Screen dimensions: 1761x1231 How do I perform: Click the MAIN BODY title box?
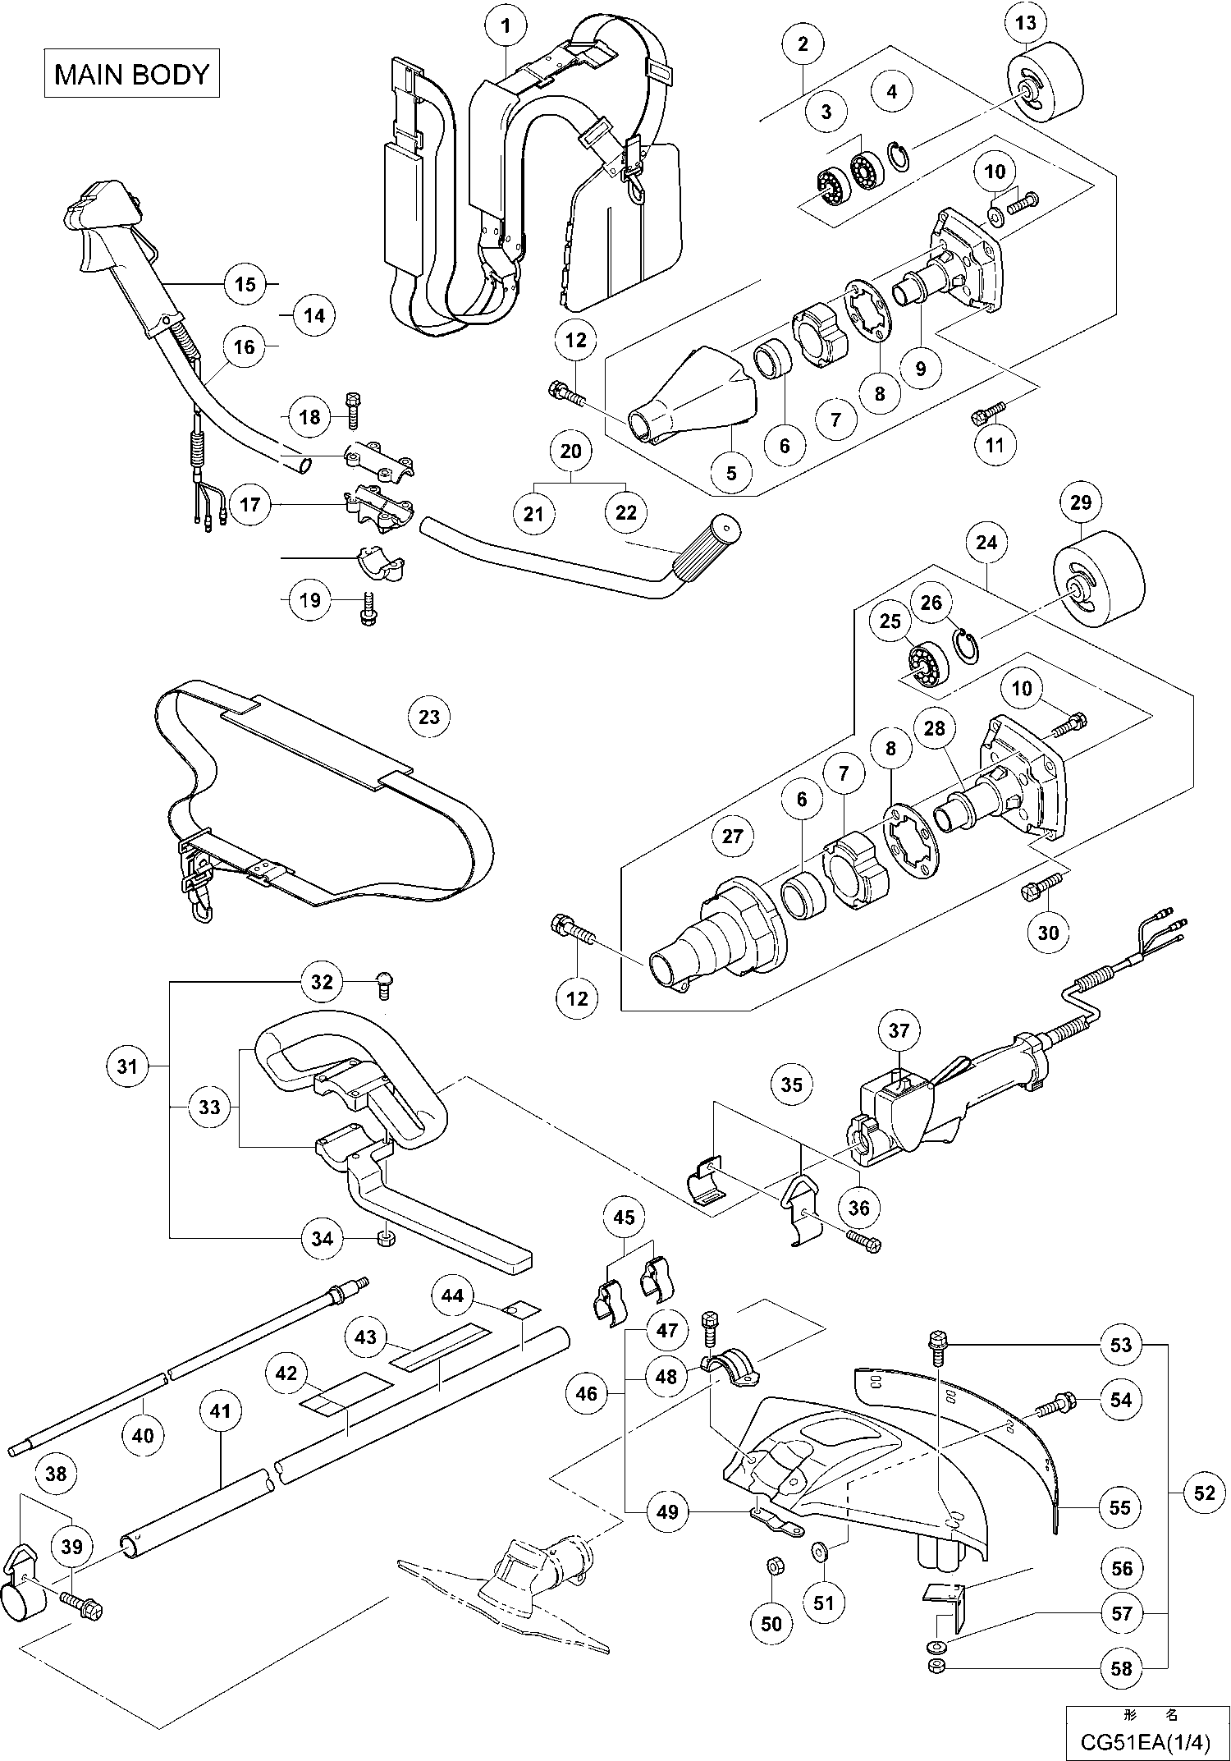click(131, 75)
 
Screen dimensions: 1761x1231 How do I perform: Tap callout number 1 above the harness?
click(506, 25)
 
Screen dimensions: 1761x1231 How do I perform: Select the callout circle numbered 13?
click(1026, 23)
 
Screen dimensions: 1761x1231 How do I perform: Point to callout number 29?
click(1081, 502)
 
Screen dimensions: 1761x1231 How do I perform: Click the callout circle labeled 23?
click(429, 717)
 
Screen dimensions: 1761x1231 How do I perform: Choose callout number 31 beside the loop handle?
click(127, 1066)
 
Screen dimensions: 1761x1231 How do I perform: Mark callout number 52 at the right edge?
click(1204, 1493)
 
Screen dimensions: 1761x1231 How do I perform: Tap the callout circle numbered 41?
click(221, 1411)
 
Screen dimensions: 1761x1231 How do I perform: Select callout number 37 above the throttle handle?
click(899, 1030)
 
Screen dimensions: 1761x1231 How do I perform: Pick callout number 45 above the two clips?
click(624, 1218)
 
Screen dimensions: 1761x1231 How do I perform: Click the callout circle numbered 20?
click(571, 451)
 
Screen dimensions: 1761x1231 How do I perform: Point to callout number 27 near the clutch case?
click(731, 836)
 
